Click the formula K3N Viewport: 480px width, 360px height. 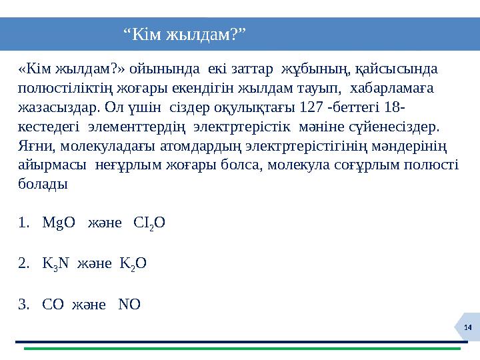pos(55,263)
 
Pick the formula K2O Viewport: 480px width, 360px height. pos(133,263)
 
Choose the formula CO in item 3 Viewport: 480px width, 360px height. pos(53,305)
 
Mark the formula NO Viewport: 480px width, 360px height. pos(129,305)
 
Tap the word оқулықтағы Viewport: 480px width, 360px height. pos(254,107)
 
